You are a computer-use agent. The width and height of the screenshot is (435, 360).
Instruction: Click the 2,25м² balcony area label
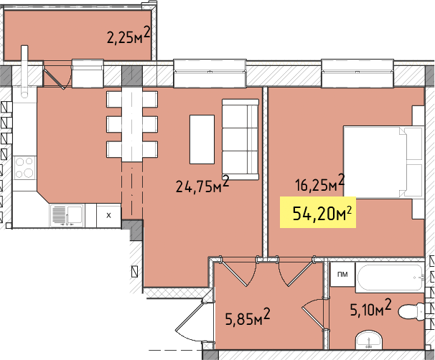(128, 35)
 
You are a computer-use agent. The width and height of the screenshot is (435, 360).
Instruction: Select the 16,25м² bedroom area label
(320, 183)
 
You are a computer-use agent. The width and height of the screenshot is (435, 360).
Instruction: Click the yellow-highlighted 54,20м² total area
(318, 212)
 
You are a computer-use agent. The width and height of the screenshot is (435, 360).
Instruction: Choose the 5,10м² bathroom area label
(370, 308)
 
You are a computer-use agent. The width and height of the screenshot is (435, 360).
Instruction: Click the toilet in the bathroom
(411, 312)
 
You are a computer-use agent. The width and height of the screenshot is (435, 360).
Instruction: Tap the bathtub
(390, 278)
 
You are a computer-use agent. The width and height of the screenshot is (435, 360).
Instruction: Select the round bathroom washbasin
(369, 339)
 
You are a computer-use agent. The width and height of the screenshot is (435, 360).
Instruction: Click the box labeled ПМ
(343, 275)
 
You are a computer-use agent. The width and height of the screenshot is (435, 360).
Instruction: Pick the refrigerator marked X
(108, 215)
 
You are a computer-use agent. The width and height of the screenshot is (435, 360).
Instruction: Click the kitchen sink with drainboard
(67, 216)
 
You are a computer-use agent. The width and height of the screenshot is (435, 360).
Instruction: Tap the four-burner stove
(24, 168)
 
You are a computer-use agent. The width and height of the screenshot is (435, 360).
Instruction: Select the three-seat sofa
(240, 139)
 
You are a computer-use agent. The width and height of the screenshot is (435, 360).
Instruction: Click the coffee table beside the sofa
(202, 139)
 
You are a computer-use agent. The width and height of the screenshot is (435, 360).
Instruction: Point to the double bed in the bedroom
(384, 162)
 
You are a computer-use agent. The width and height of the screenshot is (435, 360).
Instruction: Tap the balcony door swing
(57, 75)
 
